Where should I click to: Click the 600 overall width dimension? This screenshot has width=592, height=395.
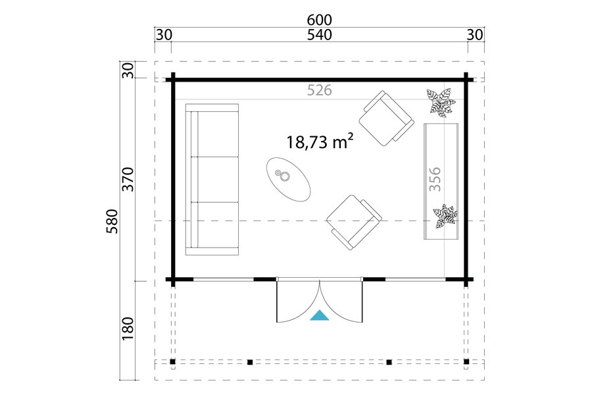(x=320, y=19)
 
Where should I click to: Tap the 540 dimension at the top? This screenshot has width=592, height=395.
(x=320, y=35)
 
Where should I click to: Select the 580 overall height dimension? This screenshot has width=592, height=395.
(x=112, y=221)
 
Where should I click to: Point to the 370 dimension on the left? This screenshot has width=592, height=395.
(x=128, y=179)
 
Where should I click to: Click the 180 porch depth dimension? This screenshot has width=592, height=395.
(x=128, y=328)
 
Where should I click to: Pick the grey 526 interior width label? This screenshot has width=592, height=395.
(x=320, y=90)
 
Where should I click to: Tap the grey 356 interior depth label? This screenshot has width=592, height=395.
(x=435, y=179)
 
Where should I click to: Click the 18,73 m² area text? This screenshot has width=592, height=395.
(x=320, y=142)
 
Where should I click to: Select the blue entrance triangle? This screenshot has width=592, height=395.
(x=320, y=315)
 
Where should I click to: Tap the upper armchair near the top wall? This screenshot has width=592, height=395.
(x=386, y=118)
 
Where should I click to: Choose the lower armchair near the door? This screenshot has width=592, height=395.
(x=354, y=223)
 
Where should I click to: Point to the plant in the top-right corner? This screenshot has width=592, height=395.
(x=439, y=101)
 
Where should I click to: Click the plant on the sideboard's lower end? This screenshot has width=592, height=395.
(x=445, y=217)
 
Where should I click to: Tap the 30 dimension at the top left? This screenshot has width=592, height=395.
(x=164, y=35)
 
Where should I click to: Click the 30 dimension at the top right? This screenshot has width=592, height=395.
(x=475, y=35)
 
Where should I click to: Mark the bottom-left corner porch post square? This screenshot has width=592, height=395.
(x=172, y=361)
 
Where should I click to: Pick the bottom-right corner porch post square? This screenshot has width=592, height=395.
(x=466, y=361)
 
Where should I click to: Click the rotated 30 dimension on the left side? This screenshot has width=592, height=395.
(x=128, y=70)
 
